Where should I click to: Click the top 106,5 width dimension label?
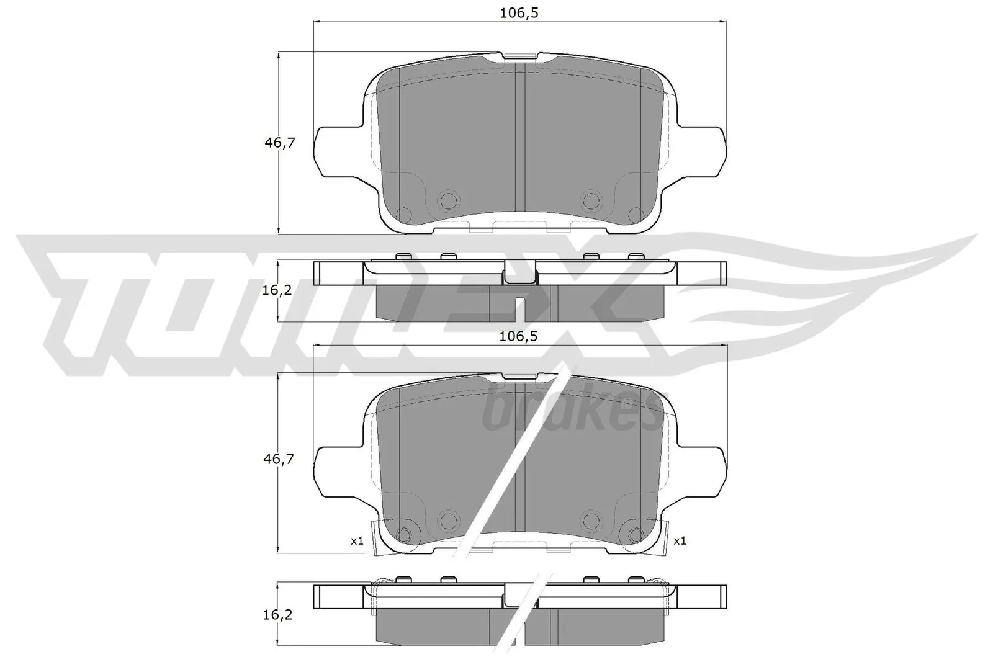pos(518,13)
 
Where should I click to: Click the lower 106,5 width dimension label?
pos(518,336)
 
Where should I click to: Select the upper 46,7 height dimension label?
pos(279,143)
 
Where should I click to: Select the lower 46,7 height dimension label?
pos(279,460)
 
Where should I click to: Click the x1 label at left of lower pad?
pos(356,541)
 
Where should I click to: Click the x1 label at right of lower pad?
pos(680,541)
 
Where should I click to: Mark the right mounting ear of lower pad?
pos(703,470)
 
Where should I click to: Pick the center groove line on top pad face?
pos(520,143)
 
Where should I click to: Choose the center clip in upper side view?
pos(519,273)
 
